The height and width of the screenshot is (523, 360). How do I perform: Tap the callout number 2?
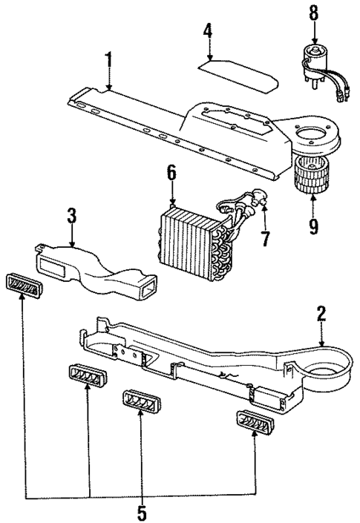point(321,313)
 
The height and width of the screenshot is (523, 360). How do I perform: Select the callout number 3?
point(72,217)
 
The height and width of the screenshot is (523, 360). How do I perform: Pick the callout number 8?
point(313,13)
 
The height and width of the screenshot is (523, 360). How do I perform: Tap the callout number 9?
point(312,226)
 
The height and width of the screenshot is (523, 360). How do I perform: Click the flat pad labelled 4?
point(240,74)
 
